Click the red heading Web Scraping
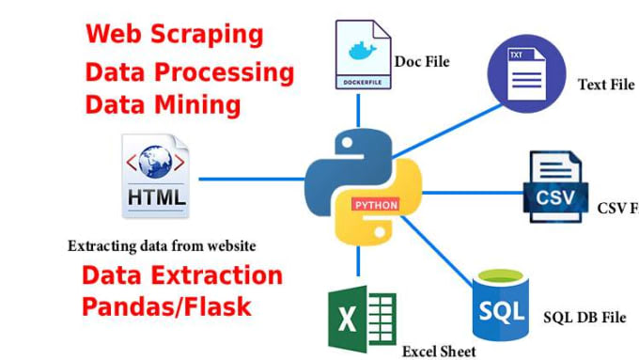tap(174, 35)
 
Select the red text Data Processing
tap(189, 72)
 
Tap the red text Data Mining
tap(162, 104)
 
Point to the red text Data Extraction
tap(181, 275)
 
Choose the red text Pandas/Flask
tap(165, 306)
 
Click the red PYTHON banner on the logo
tap(376, 203)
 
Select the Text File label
tap(605, 85)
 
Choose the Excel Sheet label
tap(439, 351)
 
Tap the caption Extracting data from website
tap(162, 245)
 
